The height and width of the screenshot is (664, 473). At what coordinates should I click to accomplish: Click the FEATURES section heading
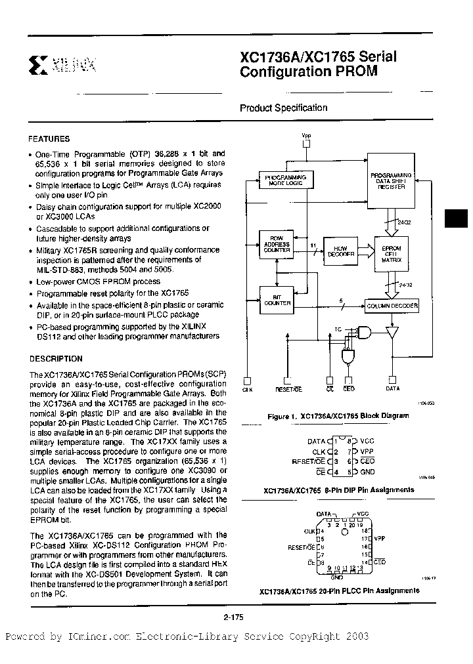49,139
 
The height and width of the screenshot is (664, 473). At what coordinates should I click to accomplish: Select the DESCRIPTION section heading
55,359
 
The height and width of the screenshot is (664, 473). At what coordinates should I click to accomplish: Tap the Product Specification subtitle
283,108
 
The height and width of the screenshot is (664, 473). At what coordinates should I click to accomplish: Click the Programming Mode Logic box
284,180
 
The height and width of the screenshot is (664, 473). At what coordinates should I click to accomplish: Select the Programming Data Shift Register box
391,180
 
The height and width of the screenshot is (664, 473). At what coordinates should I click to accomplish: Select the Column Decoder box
392,306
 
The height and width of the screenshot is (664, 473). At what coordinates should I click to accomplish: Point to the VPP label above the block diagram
306,136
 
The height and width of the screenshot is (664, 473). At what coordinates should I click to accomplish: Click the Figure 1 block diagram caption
338,415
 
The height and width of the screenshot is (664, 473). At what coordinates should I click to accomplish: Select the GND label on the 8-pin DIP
367,472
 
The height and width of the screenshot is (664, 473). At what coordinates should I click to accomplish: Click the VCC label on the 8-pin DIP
367,442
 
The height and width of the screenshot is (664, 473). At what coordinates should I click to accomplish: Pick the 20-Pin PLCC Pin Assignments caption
340,590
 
